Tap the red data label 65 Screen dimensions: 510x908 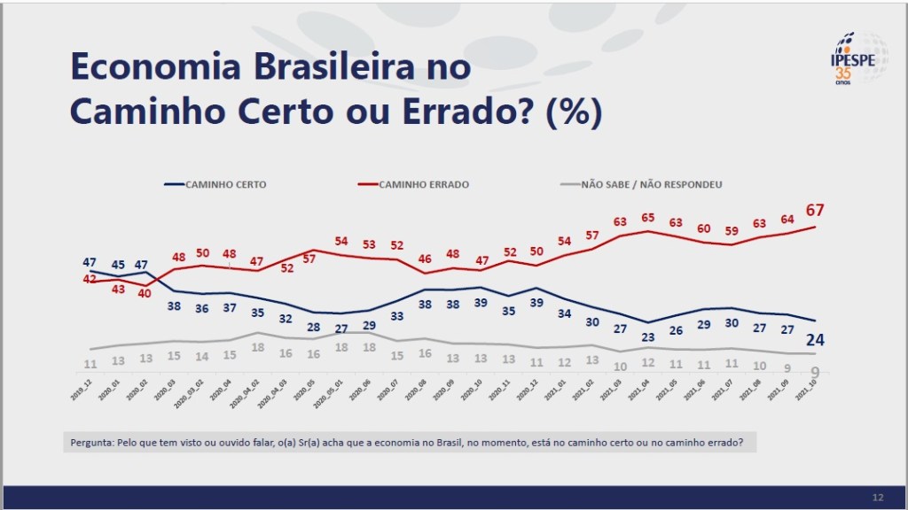click(x=648, y=217)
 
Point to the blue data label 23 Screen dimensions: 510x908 click(x=648, y=336)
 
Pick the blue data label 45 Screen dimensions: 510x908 click(x=119, y=263)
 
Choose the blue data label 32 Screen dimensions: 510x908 click(x=286, y=319)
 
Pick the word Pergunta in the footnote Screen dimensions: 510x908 click(x=92, y=442)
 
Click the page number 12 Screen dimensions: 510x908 click(x=878, y=497)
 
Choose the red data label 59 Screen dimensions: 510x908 click(x=733, y=232)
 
